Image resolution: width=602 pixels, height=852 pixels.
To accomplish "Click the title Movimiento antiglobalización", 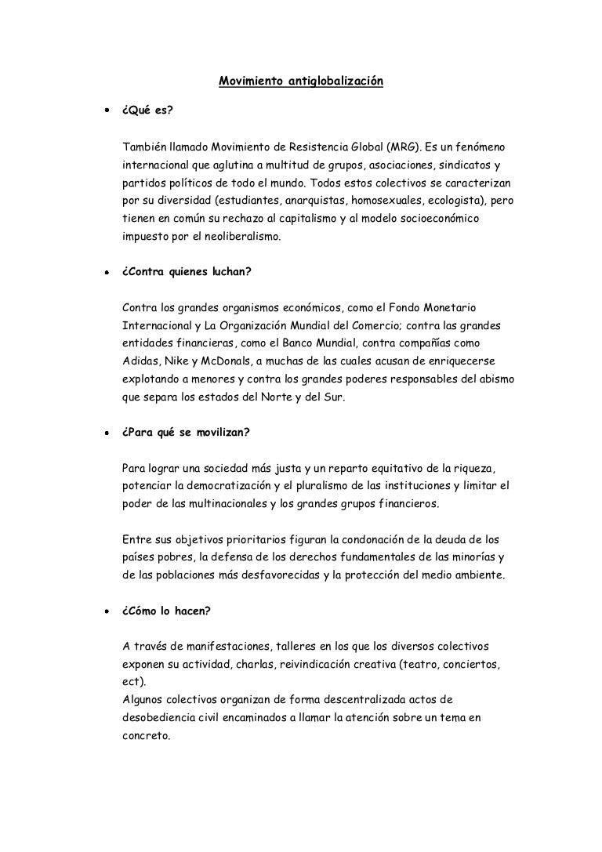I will [x=300, y=81].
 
